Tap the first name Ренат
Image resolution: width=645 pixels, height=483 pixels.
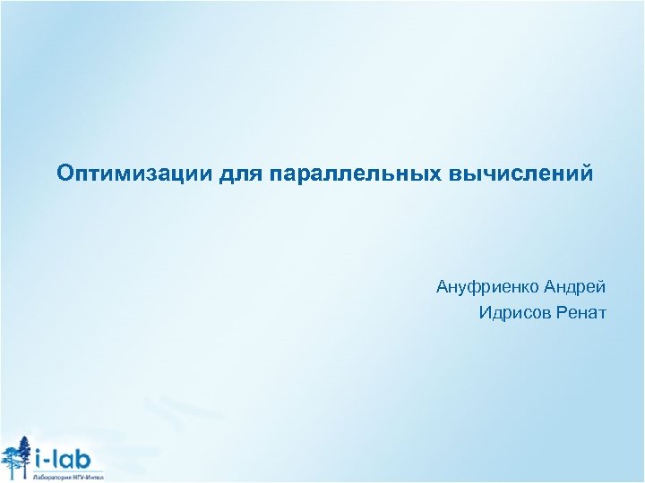(x=581, y=312)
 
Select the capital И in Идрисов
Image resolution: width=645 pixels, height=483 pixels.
(x=485, y=312)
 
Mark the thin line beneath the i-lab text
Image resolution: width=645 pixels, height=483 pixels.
(x=68, y=470)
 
